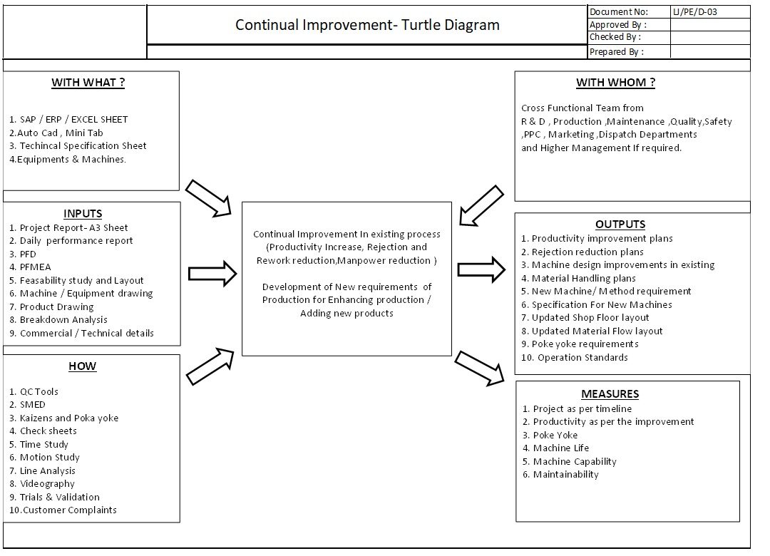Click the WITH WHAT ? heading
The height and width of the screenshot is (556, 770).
click(x=88, y=83)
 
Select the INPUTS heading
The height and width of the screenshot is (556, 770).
click(x=83, y=214)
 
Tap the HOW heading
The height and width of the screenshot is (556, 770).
click(x=83, y=366)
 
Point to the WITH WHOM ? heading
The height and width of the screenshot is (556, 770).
click(x=615, y=83)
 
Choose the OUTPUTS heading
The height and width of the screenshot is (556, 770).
click(x=620, y=225)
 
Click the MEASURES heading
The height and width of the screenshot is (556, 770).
click(x=610, y=394)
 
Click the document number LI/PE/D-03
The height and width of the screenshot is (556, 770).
click(x=695, y=12)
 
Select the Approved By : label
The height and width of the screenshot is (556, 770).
click(x=617, y=24)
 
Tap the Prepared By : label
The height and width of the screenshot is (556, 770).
click(x=616, y=51)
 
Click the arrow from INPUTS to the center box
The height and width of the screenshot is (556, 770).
click(x=212, y=274)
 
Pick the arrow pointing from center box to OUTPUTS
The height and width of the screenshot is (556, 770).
click(x=481, y=269)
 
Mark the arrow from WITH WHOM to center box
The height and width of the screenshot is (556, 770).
click(x=481, y=206)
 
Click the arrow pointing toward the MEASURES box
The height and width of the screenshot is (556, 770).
click(x=480, y=369)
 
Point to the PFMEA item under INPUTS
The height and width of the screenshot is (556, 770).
click(x=30, y=267)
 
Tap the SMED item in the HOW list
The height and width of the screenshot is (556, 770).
click(x=28, y=405)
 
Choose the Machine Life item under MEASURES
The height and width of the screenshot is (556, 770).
click(x=555, y=448)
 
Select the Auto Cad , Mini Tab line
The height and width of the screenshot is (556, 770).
click(x=56, y=133)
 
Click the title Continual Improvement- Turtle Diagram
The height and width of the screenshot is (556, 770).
click(x=367, y=24)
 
